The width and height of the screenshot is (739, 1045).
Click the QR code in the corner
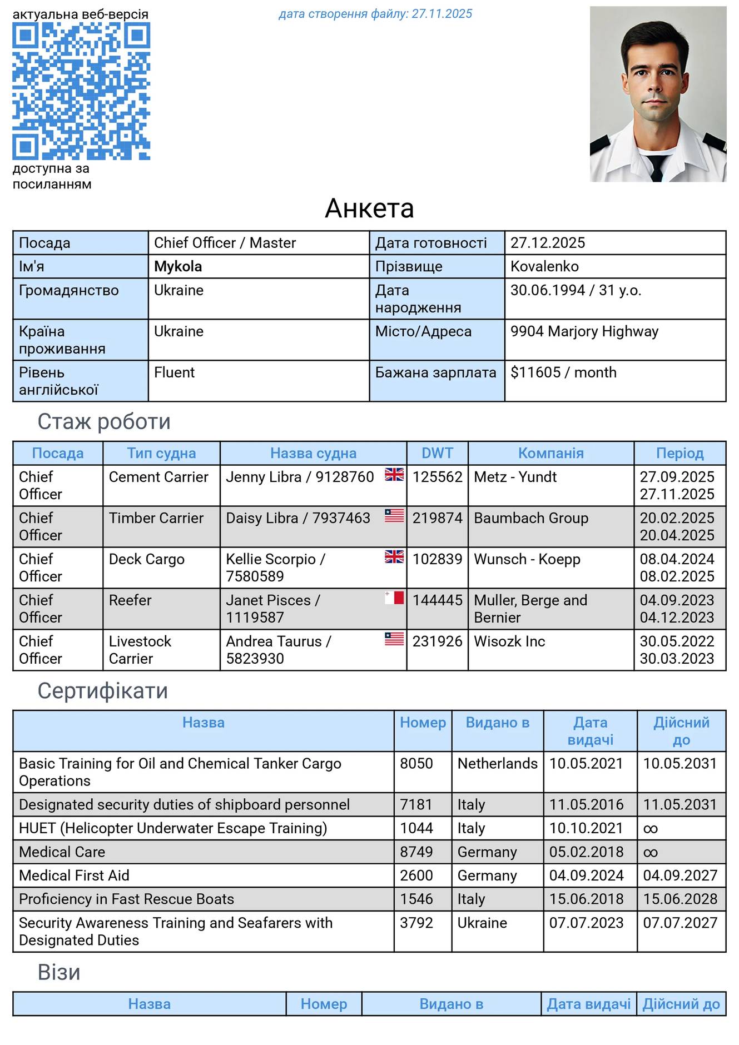pos(81,91)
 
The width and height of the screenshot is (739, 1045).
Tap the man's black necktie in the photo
pos(658,167)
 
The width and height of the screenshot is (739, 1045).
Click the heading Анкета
pos(369,208)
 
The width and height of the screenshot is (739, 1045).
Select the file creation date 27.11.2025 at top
pos(442,14)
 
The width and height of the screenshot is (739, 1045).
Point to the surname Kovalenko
pos(544,266)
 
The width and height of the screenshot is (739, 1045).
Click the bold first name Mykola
pos(178,266)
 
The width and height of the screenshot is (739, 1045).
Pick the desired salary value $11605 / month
pos(563,372)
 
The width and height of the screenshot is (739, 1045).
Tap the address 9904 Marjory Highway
pos(584,331)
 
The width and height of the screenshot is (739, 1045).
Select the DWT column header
pos(437,453)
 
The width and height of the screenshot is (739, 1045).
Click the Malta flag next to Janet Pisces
pos(394,598)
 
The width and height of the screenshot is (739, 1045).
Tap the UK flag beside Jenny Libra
pos(394,475)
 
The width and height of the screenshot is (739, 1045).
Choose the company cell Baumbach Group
pos(530,518)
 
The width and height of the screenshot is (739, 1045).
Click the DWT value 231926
pos(437,641)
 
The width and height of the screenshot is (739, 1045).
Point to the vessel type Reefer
pos(130,600)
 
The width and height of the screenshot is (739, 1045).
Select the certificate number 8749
pos(416,852)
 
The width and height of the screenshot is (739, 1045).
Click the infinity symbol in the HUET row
pos(650,829)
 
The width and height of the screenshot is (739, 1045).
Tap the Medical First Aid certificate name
pos(74,875)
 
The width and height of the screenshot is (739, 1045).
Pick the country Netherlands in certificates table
pos(497,764)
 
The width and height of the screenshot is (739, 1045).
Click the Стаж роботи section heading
pos(104,422)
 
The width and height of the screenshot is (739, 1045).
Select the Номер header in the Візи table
pos(324,1004)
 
